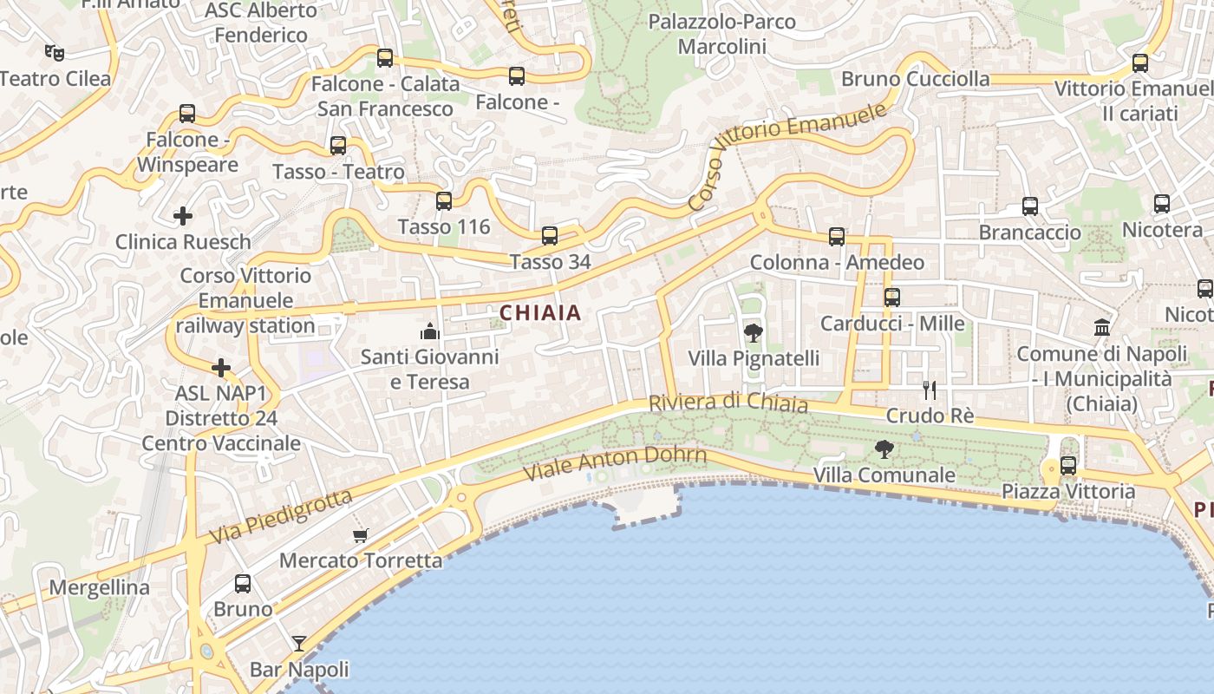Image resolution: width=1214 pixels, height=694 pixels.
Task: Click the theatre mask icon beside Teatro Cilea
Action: coord(55,53)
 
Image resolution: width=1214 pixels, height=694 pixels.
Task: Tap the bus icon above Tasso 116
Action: coord(444,201)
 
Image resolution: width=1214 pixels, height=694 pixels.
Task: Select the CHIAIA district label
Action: coord(540,313)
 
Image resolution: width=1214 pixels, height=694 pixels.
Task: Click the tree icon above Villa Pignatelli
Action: coord(754,332)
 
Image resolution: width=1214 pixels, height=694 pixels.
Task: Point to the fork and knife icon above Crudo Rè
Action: coord(930,390)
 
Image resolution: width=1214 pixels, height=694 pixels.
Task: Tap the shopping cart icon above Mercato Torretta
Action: coord(360,535)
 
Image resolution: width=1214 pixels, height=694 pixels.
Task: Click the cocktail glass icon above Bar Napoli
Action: coord(299,643)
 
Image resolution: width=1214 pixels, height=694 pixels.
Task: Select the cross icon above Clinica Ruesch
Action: coord(183,215)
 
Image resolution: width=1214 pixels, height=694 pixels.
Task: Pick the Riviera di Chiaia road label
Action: coord(728,403)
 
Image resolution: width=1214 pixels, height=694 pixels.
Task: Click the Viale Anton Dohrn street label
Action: coord(616,464)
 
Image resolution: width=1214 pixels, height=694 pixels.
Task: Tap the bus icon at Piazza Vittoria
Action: coord(1068,465)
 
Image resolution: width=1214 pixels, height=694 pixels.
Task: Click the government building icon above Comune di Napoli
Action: coord(1102,327)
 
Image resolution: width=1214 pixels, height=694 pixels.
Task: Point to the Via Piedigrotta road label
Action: coord(281,517)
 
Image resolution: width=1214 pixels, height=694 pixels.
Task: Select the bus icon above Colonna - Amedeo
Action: coord(837,236)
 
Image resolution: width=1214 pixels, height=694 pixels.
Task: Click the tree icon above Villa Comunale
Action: coord(884,448)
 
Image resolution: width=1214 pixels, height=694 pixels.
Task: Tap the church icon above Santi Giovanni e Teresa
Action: coord(429,331)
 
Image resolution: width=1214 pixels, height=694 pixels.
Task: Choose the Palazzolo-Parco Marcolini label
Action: coord(721,33)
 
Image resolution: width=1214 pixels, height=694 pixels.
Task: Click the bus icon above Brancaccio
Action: coord(1030,206)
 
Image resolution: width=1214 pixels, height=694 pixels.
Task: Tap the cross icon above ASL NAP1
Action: coord(221,368)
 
